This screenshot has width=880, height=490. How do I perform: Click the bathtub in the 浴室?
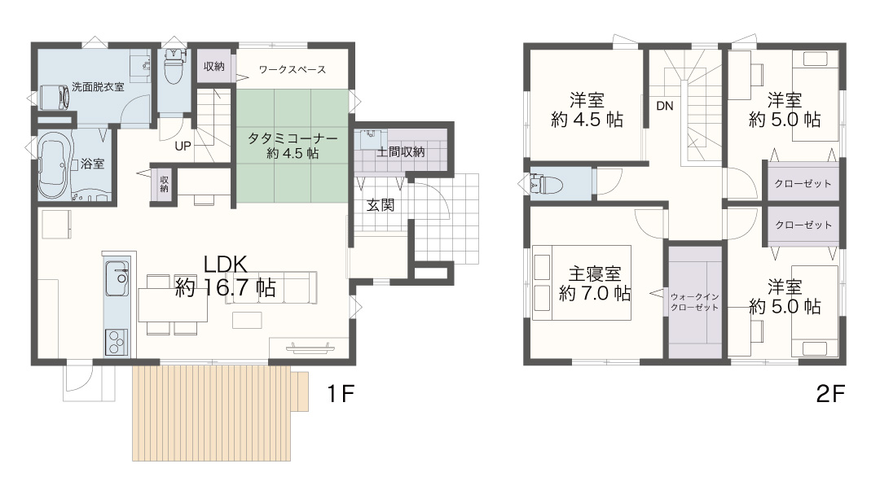53,165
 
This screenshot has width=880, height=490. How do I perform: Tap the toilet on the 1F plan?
174,63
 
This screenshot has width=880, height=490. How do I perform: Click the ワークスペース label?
293,69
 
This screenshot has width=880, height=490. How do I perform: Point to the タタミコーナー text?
293,138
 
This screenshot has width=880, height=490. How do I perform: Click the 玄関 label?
381,205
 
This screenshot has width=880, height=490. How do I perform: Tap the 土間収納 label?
400,151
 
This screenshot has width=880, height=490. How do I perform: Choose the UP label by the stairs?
183,147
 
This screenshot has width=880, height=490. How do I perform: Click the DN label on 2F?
665,106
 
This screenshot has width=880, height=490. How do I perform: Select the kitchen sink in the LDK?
117,278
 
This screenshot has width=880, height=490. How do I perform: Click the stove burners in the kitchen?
117,341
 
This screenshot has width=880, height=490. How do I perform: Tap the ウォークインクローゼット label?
695,302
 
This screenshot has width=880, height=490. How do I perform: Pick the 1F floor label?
341,394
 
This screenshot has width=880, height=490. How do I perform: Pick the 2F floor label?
830,394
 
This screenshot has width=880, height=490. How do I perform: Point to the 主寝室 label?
595,274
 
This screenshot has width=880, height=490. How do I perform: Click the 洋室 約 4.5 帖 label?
587,110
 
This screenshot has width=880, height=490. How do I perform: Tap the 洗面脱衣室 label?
99,87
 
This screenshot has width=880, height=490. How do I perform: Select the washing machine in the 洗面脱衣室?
55,98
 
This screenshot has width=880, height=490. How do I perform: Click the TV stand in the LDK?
310,348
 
